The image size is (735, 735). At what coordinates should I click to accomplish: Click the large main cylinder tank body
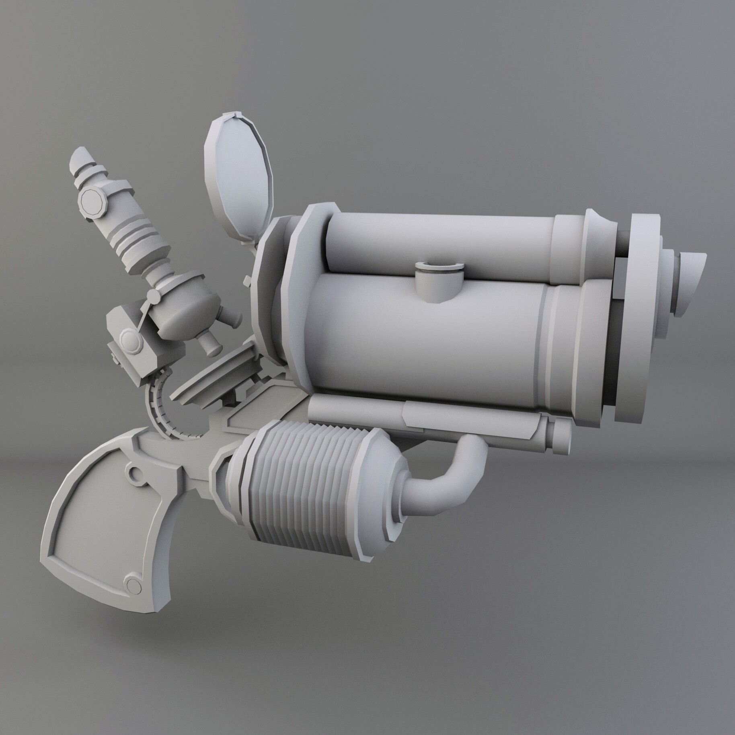[x=422, y=342]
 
